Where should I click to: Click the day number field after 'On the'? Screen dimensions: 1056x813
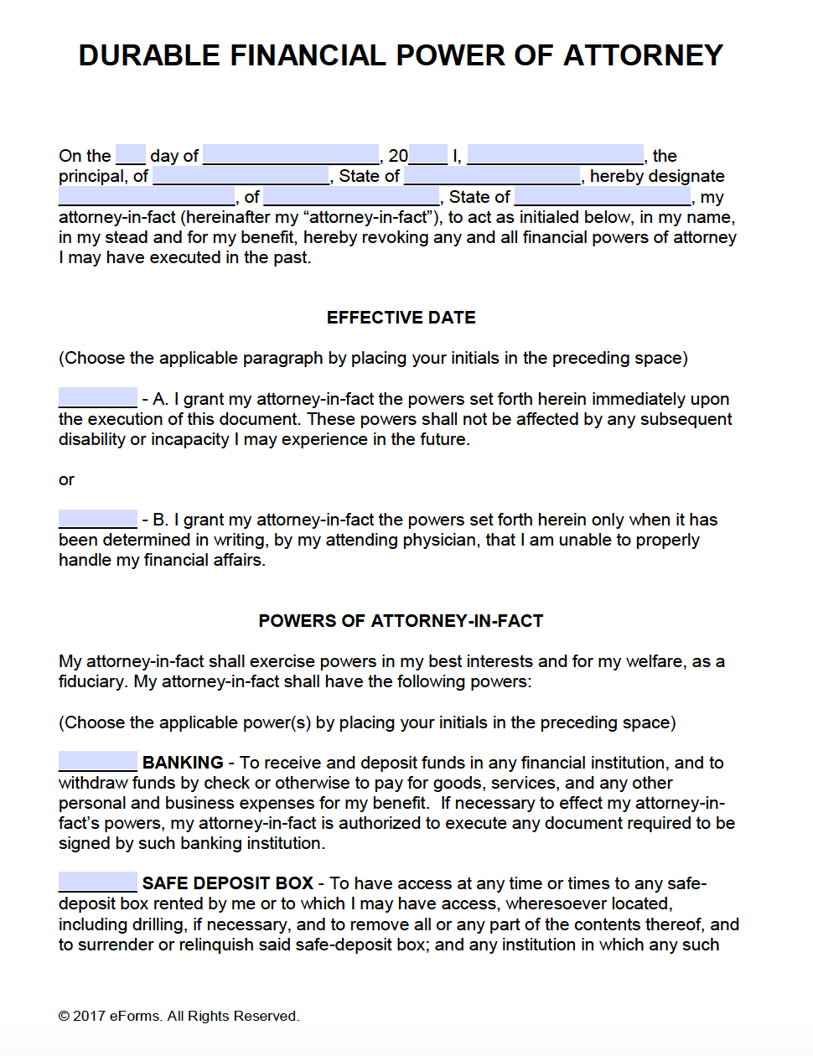point(130,155)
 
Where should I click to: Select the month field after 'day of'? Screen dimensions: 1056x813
point(290,155)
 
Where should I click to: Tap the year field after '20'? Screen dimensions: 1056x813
point(428,155)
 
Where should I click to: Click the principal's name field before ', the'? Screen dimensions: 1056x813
point(555,155)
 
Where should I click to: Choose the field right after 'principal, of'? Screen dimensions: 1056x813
point(241,176)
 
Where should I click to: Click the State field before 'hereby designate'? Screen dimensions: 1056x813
point(492,176)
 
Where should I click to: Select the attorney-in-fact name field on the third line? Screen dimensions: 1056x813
point(147,197)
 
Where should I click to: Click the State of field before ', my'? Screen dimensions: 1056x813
point(603,197)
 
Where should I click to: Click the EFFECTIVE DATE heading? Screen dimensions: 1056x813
point(401,318)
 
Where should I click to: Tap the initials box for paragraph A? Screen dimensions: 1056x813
point(97,398)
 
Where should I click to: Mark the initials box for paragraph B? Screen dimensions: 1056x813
point(97,519)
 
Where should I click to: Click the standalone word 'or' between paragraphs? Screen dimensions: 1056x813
point(66,479)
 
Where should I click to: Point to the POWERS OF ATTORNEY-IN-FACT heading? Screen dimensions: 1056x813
point(401,621)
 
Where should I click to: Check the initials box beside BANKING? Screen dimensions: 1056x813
point(97,762)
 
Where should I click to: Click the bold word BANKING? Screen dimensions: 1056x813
point(183,763)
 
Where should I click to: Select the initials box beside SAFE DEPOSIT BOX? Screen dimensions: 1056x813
point(97,883)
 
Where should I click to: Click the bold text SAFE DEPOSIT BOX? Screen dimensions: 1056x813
point(227,883)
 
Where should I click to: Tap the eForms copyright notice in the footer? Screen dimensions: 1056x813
point(179,1016)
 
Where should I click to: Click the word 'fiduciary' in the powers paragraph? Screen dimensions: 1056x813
point(93,681)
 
